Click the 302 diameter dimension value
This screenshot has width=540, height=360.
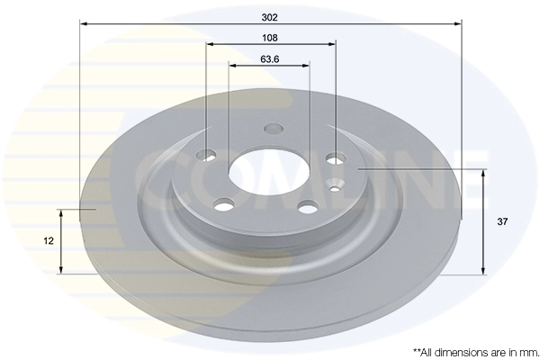pyautogui.click(x=270, y=15)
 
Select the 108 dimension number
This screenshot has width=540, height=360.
pyautogui.click(x=270, y=38)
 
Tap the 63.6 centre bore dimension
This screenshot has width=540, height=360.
pyautogui.click(x=269, y=59)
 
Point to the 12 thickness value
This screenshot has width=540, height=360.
pyautogui.click(x=48, y=240)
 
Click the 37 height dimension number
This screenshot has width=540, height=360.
pyautogui.click(x=502, y=220)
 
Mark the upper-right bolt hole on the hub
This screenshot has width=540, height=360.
pyautogui.click(x=334, y=159)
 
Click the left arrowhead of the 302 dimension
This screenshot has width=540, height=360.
pyautogui.click(x=84, y=24)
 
